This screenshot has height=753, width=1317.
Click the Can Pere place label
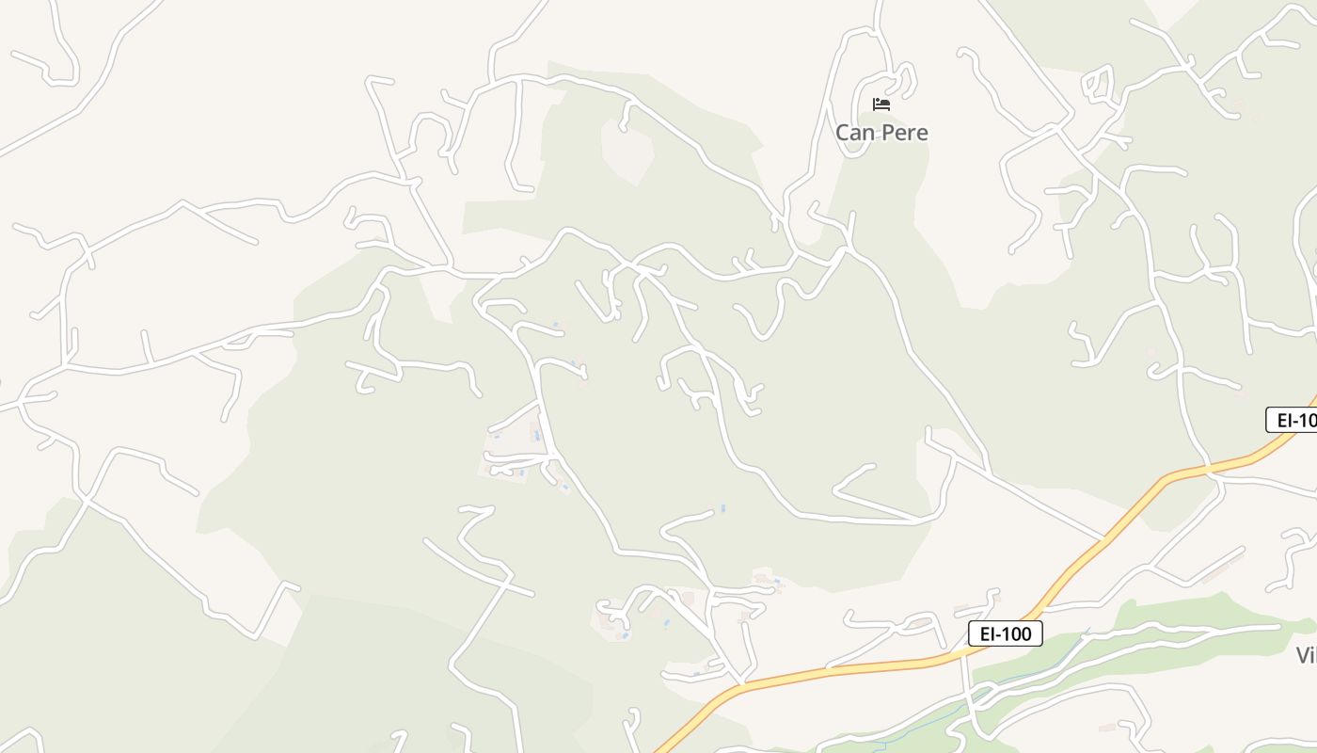(881, 133)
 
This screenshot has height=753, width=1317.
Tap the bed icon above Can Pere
(881, 104)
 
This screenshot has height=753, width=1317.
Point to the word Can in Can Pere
(854, 133)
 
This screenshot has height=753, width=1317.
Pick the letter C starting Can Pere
(843, 133)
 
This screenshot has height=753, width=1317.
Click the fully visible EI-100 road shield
(1006, 633)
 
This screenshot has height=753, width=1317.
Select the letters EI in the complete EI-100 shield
(987, 633)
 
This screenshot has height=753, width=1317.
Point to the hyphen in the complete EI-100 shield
(998, 634)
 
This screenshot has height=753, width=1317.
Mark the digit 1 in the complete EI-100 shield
(1007, 633)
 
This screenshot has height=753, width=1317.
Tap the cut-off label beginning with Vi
(1306, 655)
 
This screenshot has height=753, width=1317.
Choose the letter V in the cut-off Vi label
(1303, 655)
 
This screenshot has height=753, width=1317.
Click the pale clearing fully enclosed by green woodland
(627, 151)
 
